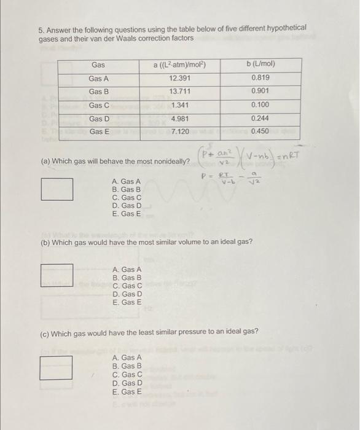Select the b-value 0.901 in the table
[x=260, y=92]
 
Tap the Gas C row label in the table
[x=98, y=105]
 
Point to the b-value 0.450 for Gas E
[x=260, y=131]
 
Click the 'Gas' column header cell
[x=98, y=65]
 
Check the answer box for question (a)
[x=57, y=189]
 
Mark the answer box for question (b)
[x=57, y=275]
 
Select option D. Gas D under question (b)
[x=127, y=294]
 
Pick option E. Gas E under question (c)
[x=127, y=391]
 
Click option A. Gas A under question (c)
[x=127, y=358]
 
